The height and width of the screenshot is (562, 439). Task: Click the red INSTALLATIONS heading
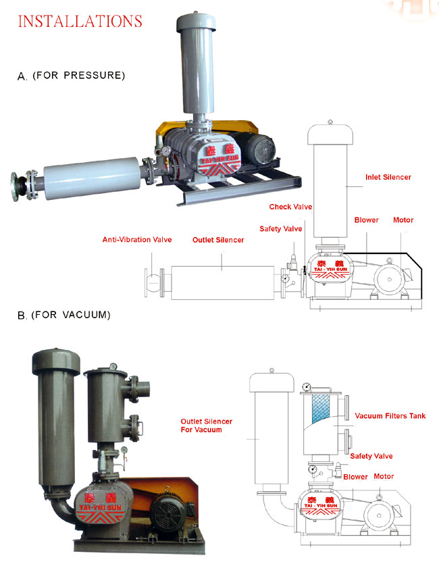click(80, 21)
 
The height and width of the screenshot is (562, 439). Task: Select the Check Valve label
click(290, 207)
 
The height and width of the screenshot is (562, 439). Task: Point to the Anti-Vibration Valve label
click(137, 240)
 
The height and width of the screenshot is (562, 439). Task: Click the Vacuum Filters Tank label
click(390, 415)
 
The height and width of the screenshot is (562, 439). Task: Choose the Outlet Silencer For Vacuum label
click(201, 425)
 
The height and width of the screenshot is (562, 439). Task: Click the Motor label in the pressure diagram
click(403, 220)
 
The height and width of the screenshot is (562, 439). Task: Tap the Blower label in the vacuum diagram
click(356, 477)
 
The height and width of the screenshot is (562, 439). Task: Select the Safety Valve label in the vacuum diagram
click(371, 457)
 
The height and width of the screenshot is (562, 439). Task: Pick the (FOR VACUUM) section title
click(71, 315)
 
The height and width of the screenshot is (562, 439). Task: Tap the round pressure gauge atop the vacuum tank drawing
click(307, 388)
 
